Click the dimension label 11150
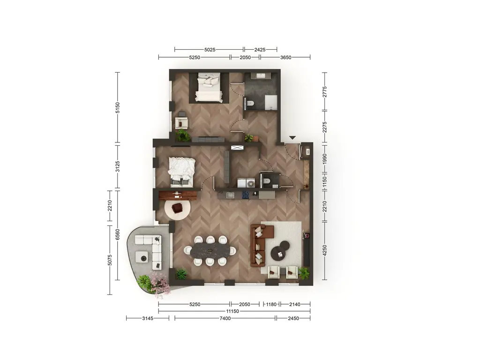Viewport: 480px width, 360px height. (x=232, y=311)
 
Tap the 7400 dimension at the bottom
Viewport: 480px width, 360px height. (x=225, y=318)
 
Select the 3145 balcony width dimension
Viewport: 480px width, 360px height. (x=148, y=318)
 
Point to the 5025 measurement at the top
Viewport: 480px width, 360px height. (x=210, y=50)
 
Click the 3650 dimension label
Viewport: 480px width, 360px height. (x=285, y=57)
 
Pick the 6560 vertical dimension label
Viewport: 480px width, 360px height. (x=118, y=235)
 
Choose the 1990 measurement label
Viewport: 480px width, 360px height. (x=325, y=159)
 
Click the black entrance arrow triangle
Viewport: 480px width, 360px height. (x=292, y=138)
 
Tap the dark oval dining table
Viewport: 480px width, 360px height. (x=210, y=251)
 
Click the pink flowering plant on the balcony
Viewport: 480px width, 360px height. (x=159, y=284)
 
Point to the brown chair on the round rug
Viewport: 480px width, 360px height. (x=177, y=209)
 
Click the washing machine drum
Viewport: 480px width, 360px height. (x=251, y=184)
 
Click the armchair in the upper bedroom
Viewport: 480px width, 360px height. (x=181, y=123)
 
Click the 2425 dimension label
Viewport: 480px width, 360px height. (x=260, y=50)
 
